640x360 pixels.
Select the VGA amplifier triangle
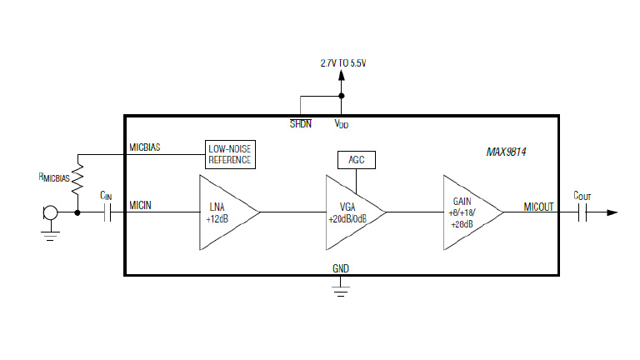tap(350, 212)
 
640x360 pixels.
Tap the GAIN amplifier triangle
tap(467, 212)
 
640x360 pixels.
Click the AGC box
tap(356, 159)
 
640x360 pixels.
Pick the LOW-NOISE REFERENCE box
tap(229, 153)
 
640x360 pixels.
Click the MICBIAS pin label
tap(145, 147)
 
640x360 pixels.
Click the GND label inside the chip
tap(341, 268)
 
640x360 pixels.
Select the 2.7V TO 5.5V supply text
tap(342, 62)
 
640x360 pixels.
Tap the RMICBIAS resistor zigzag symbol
tap(77, 177)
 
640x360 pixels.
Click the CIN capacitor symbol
tap(107, 213)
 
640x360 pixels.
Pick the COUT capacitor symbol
tap(582, 213)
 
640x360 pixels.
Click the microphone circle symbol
tap(50, 213)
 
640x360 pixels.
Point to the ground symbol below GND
tap(341, 288)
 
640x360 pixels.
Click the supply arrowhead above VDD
tap(341, 76)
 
